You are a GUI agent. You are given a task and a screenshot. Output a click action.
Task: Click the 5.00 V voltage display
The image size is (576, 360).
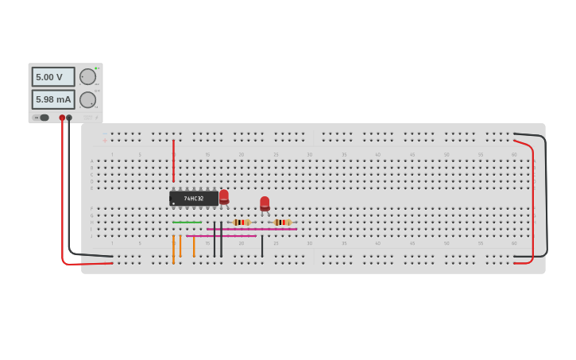52,77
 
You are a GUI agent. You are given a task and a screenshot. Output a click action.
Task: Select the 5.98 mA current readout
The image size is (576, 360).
52,99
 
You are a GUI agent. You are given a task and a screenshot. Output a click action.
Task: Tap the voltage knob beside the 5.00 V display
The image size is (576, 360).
87,77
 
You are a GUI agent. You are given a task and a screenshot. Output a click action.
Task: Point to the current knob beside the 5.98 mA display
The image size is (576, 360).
87,99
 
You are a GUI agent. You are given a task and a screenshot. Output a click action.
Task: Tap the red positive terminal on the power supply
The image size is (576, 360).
62,118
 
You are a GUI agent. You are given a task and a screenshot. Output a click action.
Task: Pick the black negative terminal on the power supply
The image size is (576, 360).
69,118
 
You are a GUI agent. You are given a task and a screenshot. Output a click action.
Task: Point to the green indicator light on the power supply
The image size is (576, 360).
96,68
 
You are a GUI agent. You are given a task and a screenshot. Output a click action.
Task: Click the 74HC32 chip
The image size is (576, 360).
193,198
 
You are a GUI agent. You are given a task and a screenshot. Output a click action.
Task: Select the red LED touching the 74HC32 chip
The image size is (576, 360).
224,195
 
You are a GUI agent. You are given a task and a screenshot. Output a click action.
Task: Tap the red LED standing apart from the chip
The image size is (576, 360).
265,203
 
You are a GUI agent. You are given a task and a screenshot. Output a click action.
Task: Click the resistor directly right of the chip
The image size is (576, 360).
242,223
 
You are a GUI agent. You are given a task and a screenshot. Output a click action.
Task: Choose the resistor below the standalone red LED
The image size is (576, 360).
282,223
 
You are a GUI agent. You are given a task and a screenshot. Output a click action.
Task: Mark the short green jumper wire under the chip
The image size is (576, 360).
187,223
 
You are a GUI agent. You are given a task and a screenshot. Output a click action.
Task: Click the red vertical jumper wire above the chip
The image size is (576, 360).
173,161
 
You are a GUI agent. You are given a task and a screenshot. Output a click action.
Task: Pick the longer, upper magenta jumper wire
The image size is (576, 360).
252,229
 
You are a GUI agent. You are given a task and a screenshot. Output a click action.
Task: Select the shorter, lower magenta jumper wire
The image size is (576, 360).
222,236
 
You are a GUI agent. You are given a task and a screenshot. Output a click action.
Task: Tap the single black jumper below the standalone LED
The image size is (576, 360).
262,246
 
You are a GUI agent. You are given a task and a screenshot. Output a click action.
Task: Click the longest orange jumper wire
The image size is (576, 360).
173,249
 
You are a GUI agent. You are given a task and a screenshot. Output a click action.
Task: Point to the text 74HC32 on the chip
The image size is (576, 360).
194,199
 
